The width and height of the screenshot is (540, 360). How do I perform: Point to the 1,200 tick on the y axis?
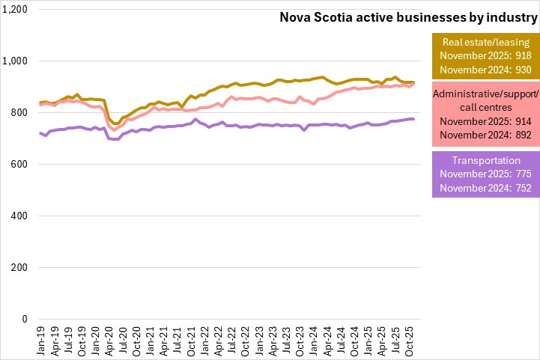(x=16, y=10)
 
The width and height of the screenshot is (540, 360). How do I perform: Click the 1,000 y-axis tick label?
(x=16, y=61)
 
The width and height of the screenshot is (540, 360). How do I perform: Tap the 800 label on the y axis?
(x=19, y=113)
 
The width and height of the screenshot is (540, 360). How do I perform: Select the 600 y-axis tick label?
(x=19, y=165)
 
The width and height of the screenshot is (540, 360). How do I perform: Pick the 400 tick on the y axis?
(x=19, y=216)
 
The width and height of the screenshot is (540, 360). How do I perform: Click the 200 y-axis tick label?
(x=19, y=268)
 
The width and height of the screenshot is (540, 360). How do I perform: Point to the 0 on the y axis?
(x=25, y=320)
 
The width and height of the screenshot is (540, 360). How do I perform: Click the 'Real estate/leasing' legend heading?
(x=486, y=42)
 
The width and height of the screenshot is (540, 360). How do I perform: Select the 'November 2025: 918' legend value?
(x=486, y=55)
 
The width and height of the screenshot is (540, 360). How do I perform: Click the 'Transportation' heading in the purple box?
(x=486, y=180)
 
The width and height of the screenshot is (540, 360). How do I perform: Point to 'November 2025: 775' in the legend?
(x=486, y=194)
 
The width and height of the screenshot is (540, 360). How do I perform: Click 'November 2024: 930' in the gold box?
(x=486, y=69)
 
